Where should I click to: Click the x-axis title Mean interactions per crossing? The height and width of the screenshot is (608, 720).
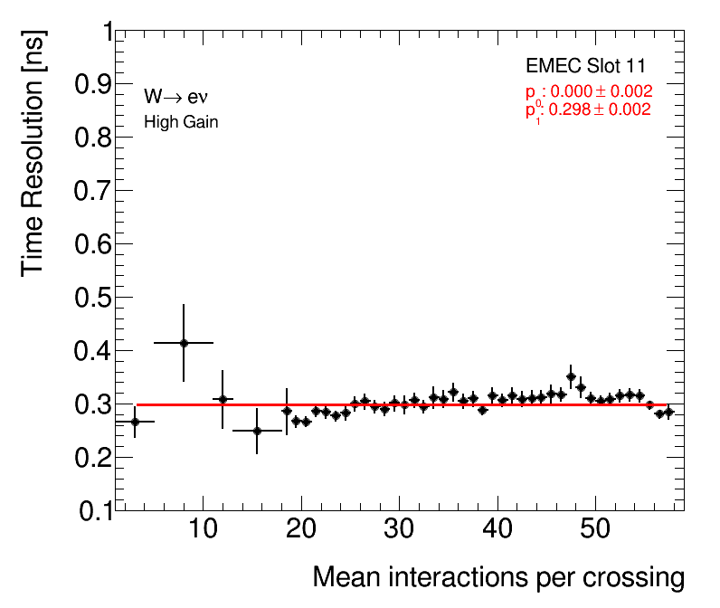497,578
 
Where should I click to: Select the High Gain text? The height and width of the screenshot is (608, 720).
181,122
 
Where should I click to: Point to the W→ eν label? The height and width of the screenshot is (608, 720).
176,97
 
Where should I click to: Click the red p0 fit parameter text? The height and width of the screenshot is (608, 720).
589,91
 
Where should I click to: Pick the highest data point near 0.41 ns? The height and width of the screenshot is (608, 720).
184,343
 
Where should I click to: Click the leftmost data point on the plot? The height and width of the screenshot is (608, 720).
135,422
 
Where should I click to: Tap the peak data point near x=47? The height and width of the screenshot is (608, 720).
571,376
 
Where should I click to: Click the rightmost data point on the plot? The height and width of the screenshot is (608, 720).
669,412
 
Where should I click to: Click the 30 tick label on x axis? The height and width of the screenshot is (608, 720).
398,529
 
